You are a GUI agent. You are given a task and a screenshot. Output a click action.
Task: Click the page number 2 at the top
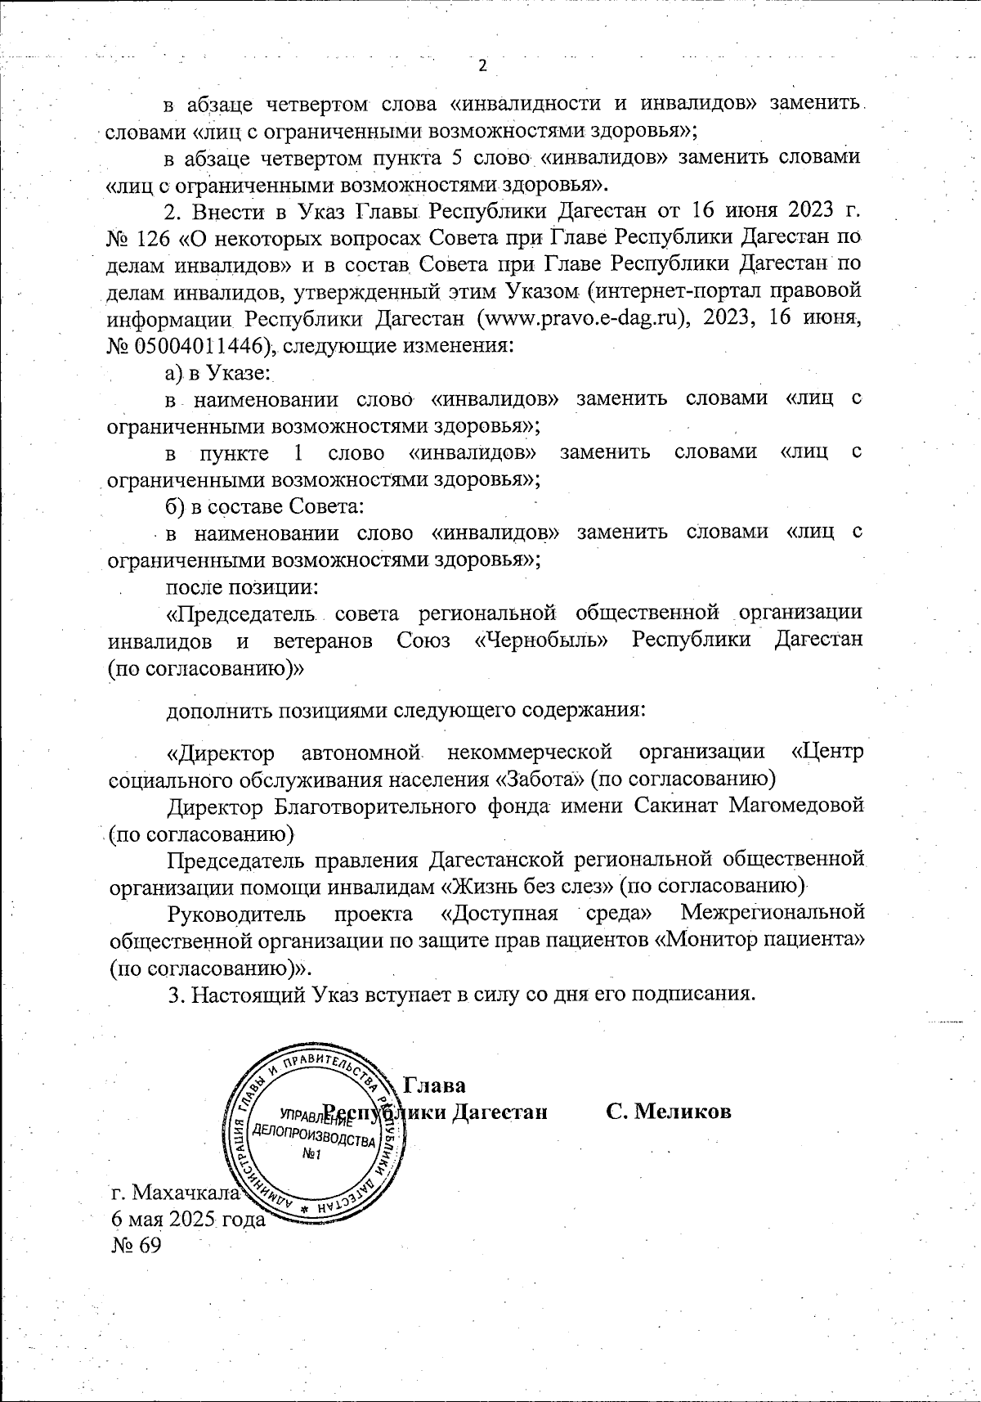click(482, 66)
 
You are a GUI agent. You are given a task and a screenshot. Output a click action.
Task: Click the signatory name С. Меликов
click(668, 1112)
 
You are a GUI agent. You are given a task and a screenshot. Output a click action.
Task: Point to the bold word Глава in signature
click(435, 1085)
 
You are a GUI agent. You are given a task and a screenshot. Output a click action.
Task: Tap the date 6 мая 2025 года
click(188, 1218)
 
